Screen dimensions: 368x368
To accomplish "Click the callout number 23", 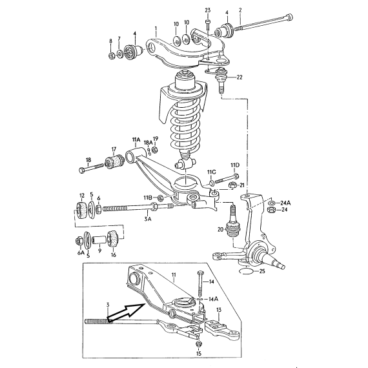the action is [x=208, y=10].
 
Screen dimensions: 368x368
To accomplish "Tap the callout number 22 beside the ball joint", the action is [x=240, y=77].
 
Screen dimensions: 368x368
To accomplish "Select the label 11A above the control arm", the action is [x=136, y=140].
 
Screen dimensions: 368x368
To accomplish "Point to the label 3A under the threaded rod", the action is [x=148, y=219].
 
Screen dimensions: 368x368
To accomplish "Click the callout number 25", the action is [x=262, y=271].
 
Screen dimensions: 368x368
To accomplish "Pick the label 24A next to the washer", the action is [x=286, y=203].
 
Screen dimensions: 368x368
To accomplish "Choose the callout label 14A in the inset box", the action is [x=213, y=299].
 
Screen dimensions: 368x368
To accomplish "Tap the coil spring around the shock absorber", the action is [x=185, y=125].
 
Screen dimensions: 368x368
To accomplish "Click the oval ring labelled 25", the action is [x=246, y=271].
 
